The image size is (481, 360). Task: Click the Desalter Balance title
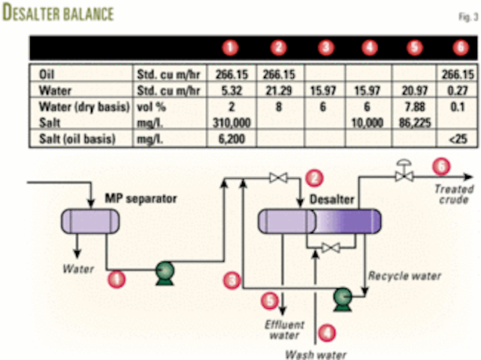[59, 14]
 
